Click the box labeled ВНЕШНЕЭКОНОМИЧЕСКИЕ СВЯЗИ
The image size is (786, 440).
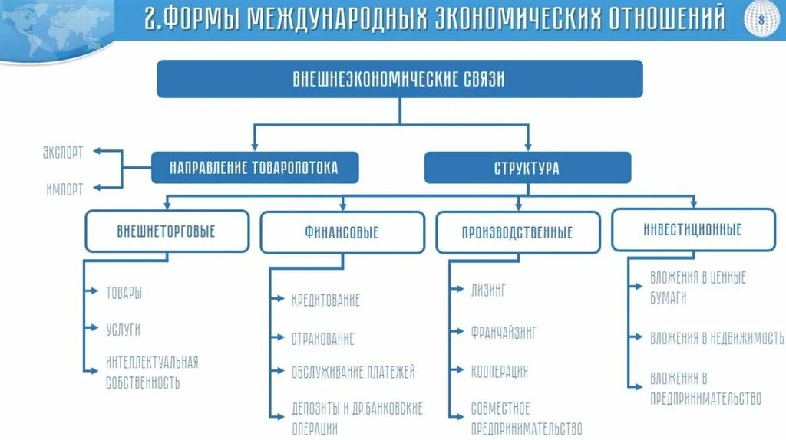click(x=399, y=79)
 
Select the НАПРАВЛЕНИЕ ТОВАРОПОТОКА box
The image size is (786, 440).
click(x=254, y=167)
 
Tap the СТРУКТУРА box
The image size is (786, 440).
click(x=527, y=167)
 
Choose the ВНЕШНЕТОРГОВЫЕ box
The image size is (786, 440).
click(x=167, y=231)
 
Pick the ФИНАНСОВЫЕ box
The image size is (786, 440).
click(x=342, y=232)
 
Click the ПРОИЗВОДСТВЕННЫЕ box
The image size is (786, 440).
click(x=517, y=232)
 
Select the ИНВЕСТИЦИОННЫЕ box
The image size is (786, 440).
click(x=693, y=229)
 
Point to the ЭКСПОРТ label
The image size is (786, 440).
click(x=63, y=152)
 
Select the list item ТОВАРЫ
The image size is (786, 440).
click(x=124, y=292)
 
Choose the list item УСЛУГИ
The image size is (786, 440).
click(x=124, y=330)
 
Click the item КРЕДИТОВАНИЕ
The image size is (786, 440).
click(x=325, y=300)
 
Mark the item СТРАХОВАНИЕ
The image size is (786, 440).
click(x=322, y=338)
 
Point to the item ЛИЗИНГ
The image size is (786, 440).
click(x=489, y=290)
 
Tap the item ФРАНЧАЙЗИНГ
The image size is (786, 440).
click(x=504, y=332)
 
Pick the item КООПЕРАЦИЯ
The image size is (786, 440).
click(x=500, y=371)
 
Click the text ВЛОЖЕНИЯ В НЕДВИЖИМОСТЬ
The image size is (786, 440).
click(x=717, y=337)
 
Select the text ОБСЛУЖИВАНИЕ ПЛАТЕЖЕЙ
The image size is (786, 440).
click(x=353, y=372)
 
